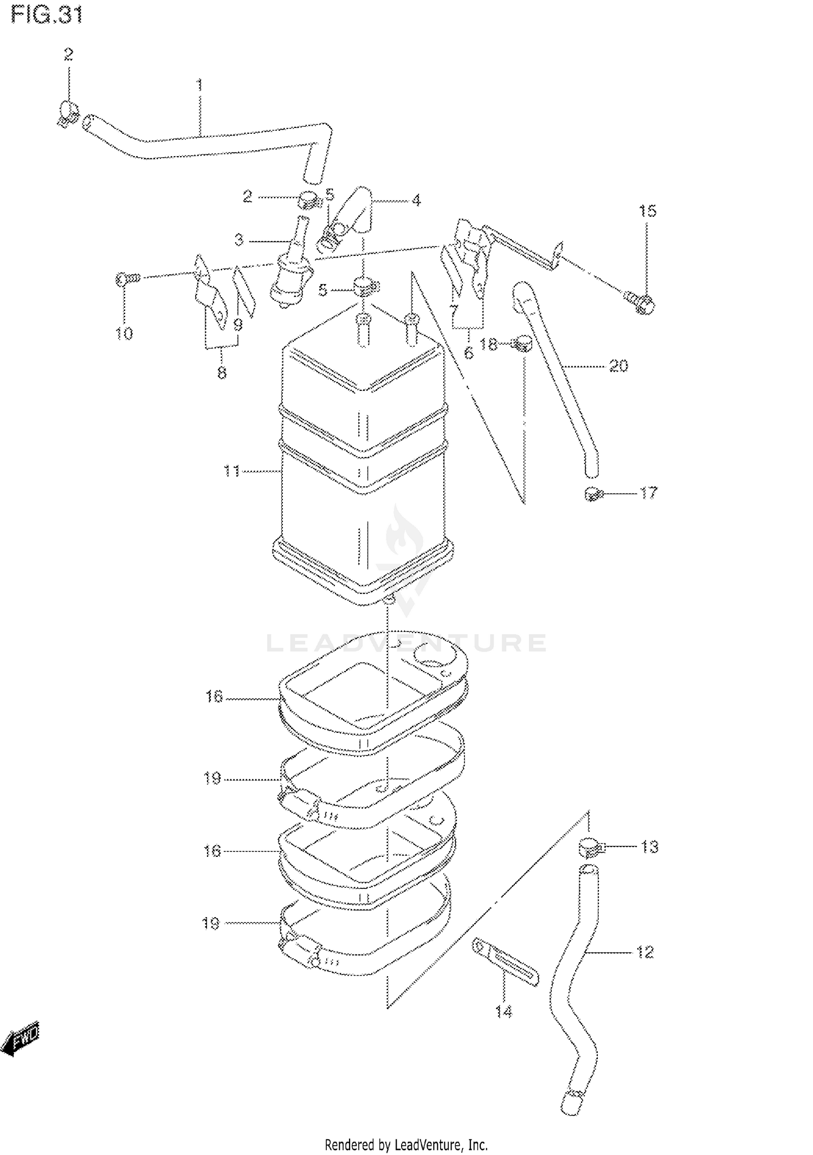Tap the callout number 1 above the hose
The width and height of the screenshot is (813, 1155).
199,85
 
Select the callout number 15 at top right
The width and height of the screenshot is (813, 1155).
647,211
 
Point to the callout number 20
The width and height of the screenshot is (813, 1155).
618,366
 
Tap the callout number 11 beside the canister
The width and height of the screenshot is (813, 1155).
231,471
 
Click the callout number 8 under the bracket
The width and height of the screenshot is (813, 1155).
222,373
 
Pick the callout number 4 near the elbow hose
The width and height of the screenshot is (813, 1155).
416,201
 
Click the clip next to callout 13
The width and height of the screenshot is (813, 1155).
590,847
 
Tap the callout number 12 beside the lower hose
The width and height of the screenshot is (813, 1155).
644,952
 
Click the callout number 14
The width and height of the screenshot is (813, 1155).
504,1011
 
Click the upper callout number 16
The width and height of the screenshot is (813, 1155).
214,696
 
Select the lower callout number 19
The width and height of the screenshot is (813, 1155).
211,923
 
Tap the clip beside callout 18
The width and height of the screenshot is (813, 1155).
522,344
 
